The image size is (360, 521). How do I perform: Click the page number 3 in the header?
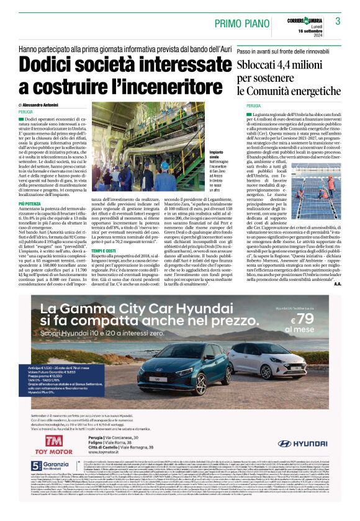338,21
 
